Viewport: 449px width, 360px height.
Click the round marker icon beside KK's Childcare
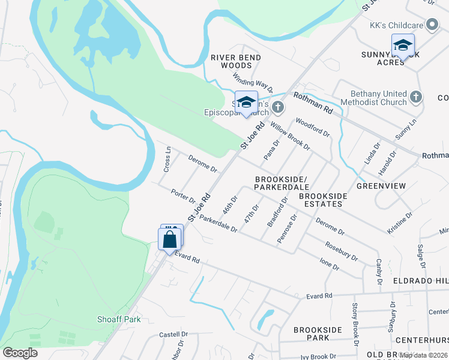pos(432,25)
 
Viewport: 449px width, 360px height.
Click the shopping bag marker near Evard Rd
pos(170,239)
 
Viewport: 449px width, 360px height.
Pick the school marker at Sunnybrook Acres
pos(403,46)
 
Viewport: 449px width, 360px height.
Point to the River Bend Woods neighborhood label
pos(236,61)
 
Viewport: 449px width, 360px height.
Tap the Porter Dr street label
pos(184,196)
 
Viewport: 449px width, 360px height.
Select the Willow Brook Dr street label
pos(290,136)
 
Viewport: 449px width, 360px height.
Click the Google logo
pos(20,353)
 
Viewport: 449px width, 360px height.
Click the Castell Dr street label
pos(173,334)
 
